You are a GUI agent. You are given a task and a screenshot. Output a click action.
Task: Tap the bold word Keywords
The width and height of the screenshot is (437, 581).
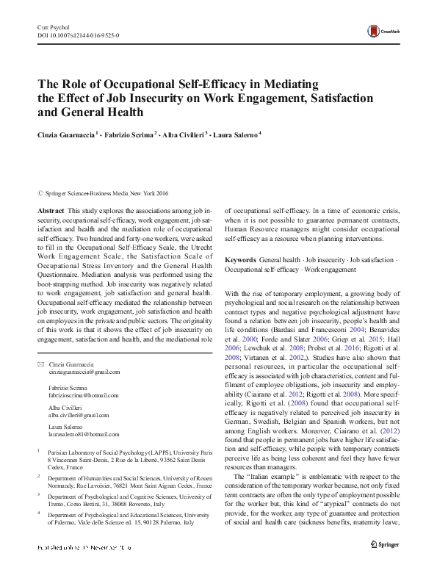(240, 260)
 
